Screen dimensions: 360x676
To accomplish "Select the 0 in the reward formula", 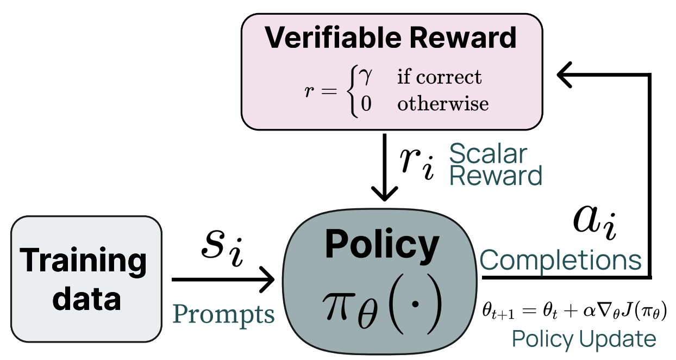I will point(366,103).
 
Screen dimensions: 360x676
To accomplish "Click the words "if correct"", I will point(439,77).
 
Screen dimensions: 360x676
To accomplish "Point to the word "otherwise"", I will point(443,103).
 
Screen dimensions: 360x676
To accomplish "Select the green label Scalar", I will point(488,155).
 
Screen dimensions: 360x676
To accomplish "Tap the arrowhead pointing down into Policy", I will point(385,193).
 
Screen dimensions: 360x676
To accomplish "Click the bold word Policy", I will point(381,245).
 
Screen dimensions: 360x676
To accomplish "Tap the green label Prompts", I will point(224,314).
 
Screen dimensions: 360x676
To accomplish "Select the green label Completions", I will point(561,260).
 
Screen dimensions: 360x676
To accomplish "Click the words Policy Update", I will point(584,339).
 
